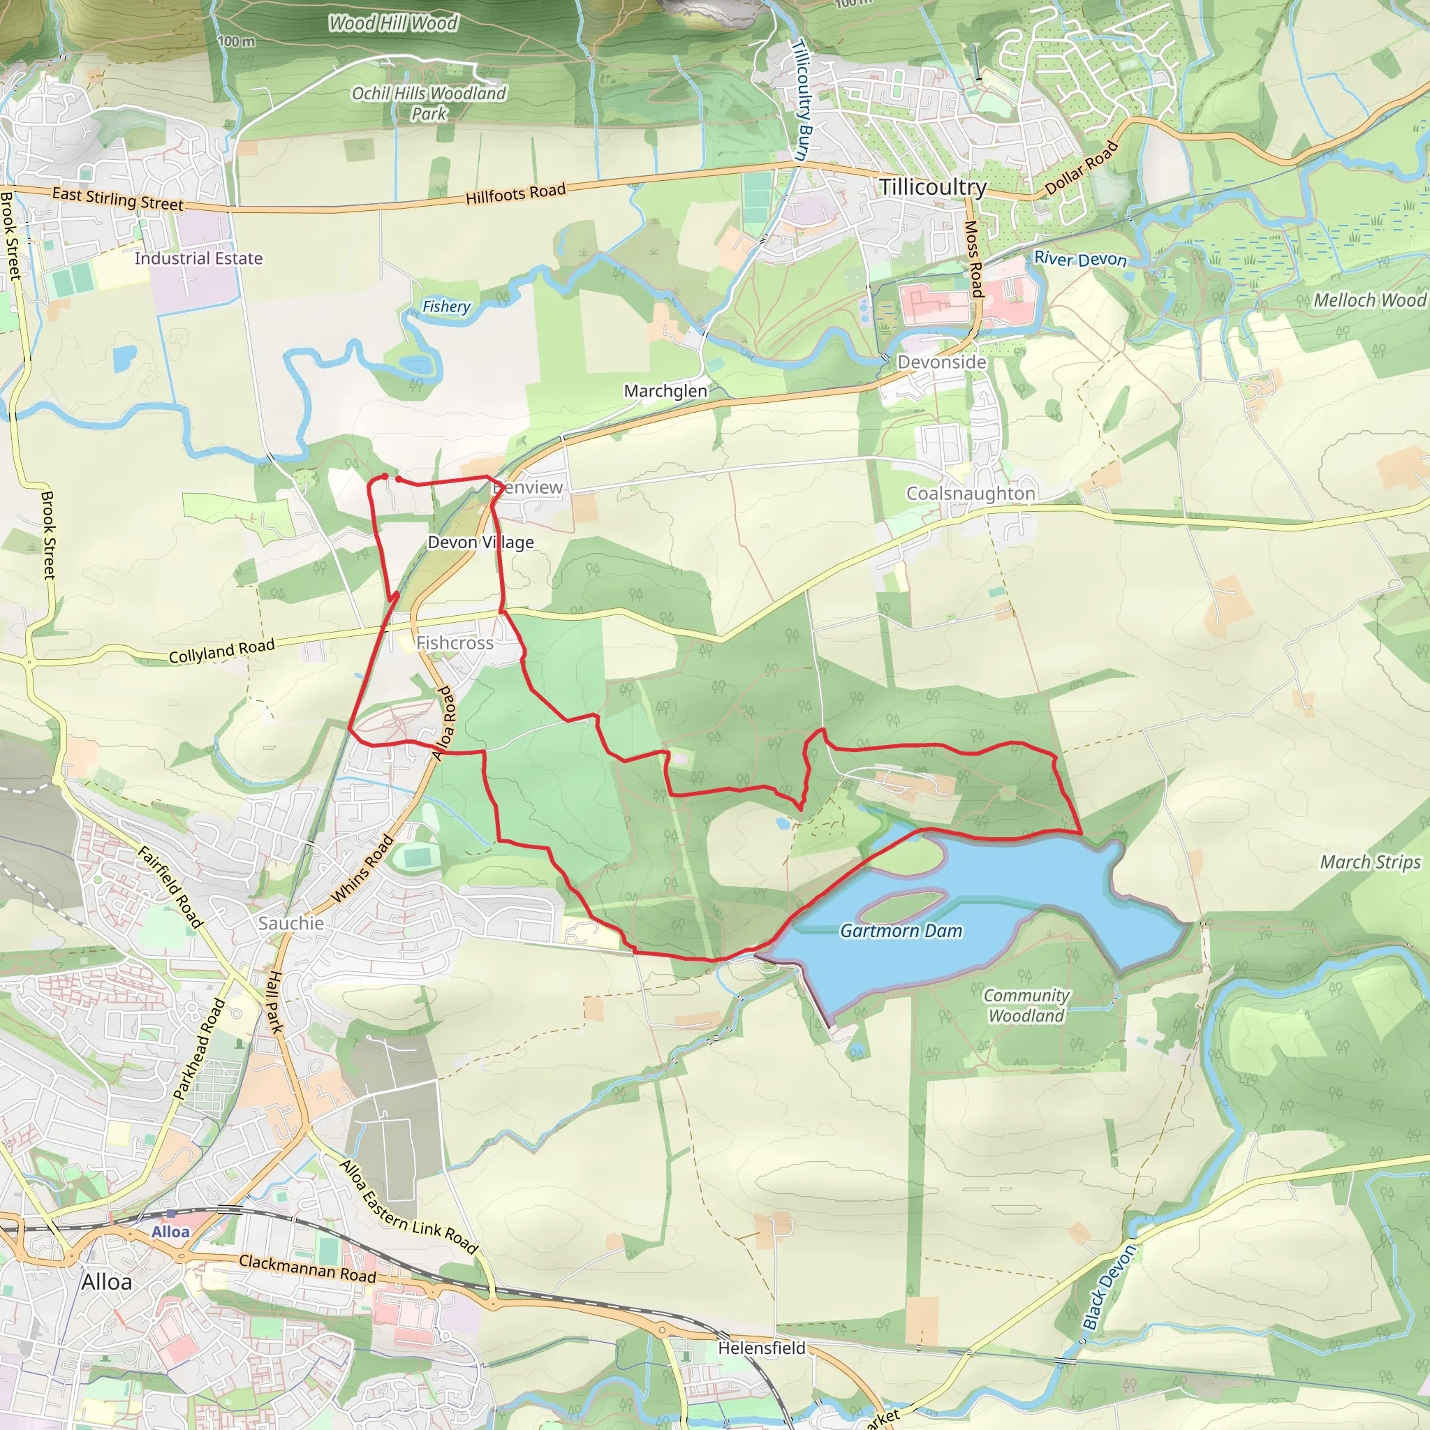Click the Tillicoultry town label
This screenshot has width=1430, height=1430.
point(933,186)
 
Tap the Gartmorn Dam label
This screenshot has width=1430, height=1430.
point(901,931)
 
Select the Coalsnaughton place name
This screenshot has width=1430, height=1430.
point(971,494)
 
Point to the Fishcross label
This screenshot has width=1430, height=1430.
point(455,642)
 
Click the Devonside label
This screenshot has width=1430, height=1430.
point(941,362)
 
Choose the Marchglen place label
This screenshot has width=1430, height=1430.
point(665,391)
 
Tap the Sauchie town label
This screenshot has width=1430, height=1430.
point(291,923)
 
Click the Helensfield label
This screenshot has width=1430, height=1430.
point(762,1348)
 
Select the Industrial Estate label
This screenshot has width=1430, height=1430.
point(198,258)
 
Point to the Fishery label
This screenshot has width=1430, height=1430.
point(446,307)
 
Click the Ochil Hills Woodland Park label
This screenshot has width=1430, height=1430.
point(429,103)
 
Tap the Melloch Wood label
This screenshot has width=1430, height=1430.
point(1369,300)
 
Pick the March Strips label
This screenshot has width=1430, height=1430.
point(1370,862)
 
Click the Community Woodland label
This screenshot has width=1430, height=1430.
point(1026,1005)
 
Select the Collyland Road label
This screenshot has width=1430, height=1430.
point(221,651)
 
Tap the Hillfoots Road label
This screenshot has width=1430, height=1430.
point(515,194)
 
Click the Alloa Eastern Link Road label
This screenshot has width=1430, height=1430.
point(408,1207)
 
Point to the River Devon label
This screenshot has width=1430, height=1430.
point(1080,259)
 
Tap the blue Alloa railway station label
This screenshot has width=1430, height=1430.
point(170,1232)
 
